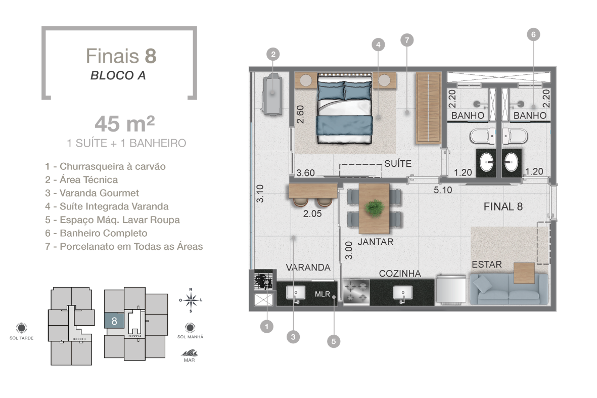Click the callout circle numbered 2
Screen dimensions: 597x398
click(273, 54)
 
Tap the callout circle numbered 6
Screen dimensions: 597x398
click(533, 34)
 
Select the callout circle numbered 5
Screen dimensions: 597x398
click(334, 341)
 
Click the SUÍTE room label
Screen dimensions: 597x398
click(398, 163)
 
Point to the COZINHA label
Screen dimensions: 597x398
click(400, 273)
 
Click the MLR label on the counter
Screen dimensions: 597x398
click(322, 294)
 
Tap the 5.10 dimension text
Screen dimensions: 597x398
click(443, 190)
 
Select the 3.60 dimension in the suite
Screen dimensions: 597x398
click(305, 173)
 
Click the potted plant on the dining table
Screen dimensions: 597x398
click(374, 208)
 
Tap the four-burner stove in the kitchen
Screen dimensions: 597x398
click(356, 292)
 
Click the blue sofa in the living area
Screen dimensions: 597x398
click(509, 289)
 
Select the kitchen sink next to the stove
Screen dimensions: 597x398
click(402, 294)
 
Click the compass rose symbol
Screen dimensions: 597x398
click(191, 300)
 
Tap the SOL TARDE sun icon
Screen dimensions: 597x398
click(22, 328)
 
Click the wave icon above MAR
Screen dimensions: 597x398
click(189, 352)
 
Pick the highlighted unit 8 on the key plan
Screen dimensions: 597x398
click(114, 321)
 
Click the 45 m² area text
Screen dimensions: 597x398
click(125, 123)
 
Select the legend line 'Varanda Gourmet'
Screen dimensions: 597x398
click(92, 193)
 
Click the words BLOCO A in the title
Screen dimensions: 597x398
click(118, 75)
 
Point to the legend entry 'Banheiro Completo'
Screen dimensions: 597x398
click(97, 233)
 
